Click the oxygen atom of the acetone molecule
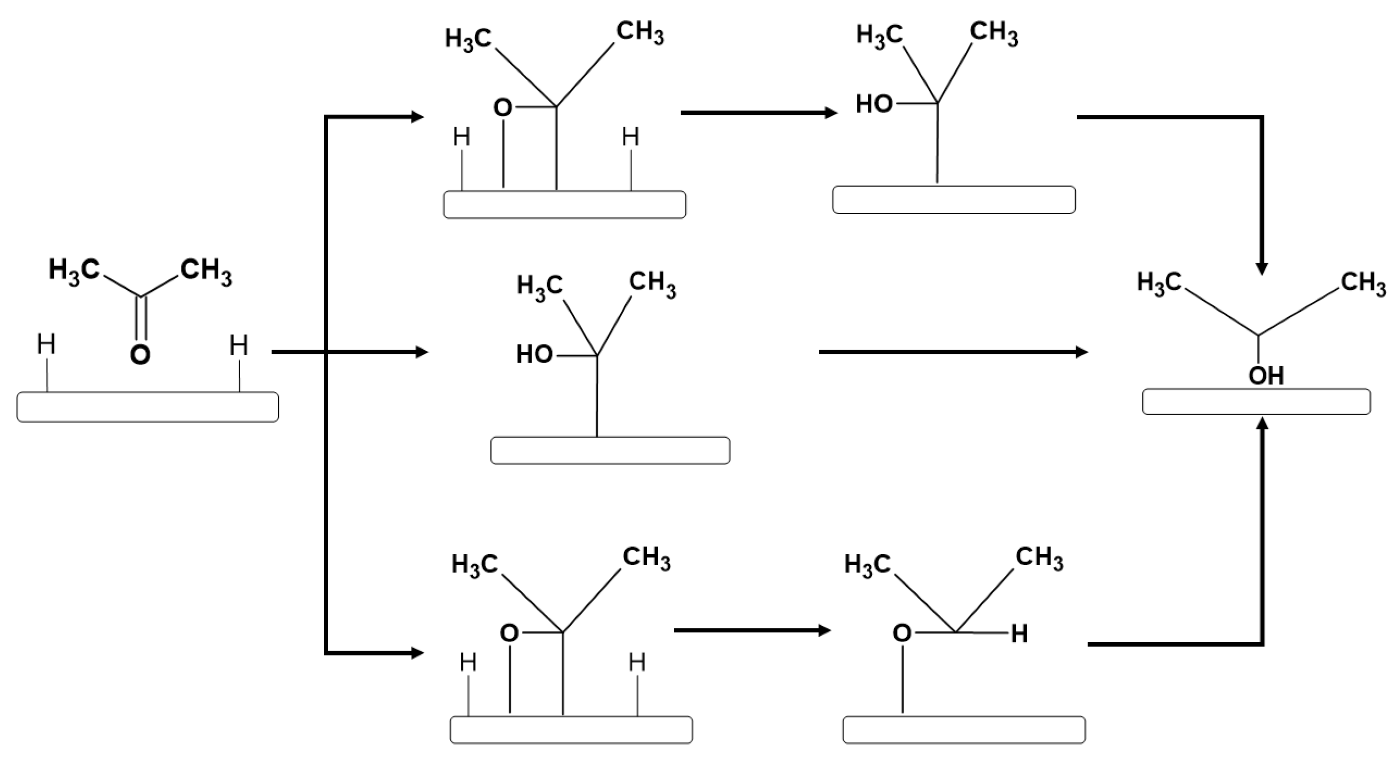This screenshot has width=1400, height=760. click(x=140, y=355)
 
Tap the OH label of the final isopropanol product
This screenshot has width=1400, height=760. click(x=1266, y=376)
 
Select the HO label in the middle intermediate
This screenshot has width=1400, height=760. click(x=534, y=355)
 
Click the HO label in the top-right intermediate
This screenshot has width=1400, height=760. click(x=874, y=104)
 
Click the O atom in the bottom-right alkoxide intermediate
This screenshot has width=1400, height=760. click(x=902, y=633)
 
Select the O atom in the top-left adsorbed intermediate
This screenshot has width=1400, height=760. click(x=502, y=107)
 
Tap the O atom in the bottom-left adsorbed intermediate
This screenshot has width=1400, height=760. click(x=509, y=633)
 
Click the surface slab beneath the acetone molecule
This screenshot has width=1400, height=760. click(x=148, y=407)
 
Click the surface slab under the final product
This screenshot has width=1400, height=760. click(x=1256, y=402)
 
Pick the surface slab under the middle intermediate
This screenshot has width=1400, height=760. click(x=610, y=450)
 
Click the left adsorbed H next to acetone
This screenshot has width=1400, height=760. click(x=46, y=344)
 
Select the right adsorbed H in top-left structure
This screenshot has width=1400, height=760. click(x=630, y=137)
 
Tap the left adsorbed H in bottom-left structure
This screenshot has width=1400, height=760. click(x=468, y=663)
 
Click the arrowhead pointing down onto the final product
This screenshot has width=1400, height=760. click(x=1262, y=268)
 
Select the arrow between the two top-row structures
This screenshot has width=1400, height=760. click(x=758, y=113)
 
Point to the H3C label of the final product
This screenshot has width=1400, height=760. click(x=1159, y=283)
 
